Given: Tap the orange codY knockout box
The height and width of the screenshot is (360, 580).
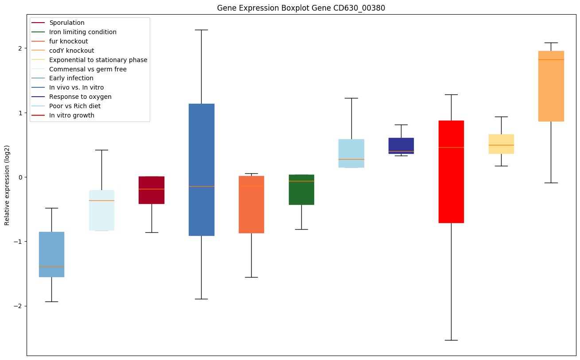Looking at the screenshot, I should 551,86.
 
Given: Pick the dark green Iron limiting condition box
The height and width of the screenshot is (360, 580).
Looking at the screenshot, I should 301,190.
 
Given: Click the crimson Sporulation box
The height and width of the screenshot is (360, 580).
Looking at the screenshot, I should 152,190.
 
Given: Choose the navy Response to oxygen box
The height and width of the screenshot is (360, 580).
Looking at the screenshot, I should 401,146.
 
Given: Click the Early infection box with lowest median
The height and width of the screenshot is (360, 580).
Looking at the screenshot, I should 51,254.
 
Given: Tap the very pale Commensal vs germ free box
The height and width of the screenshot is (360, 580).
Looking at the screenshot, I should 101,211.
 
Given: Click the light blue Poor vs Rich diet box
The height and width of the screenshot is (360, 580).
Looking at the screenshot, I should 351,153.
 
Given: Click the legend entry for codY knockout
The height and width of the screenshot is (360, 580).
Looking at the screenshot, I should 72,51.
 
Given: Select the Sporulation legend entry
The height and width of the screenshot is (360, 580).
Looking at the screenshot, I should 67,23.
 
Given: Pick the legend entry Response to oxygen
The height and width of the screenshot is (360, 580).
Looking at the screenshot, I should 80,97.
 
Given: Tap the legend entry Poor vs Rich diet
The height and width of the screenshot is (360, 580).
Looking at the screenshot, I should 75,106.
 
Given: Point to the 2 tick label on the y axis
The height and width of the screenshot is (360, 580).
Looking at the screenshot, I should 19,48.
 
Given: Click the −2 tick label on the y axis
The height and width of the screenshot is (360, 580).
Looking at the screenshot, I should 18,306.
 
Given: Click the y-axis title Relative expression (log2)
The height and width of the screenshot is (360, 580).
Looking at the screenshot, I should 7,185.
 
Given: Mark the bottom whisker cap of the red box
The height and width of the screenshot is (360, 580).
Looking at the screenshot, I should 451,340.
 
